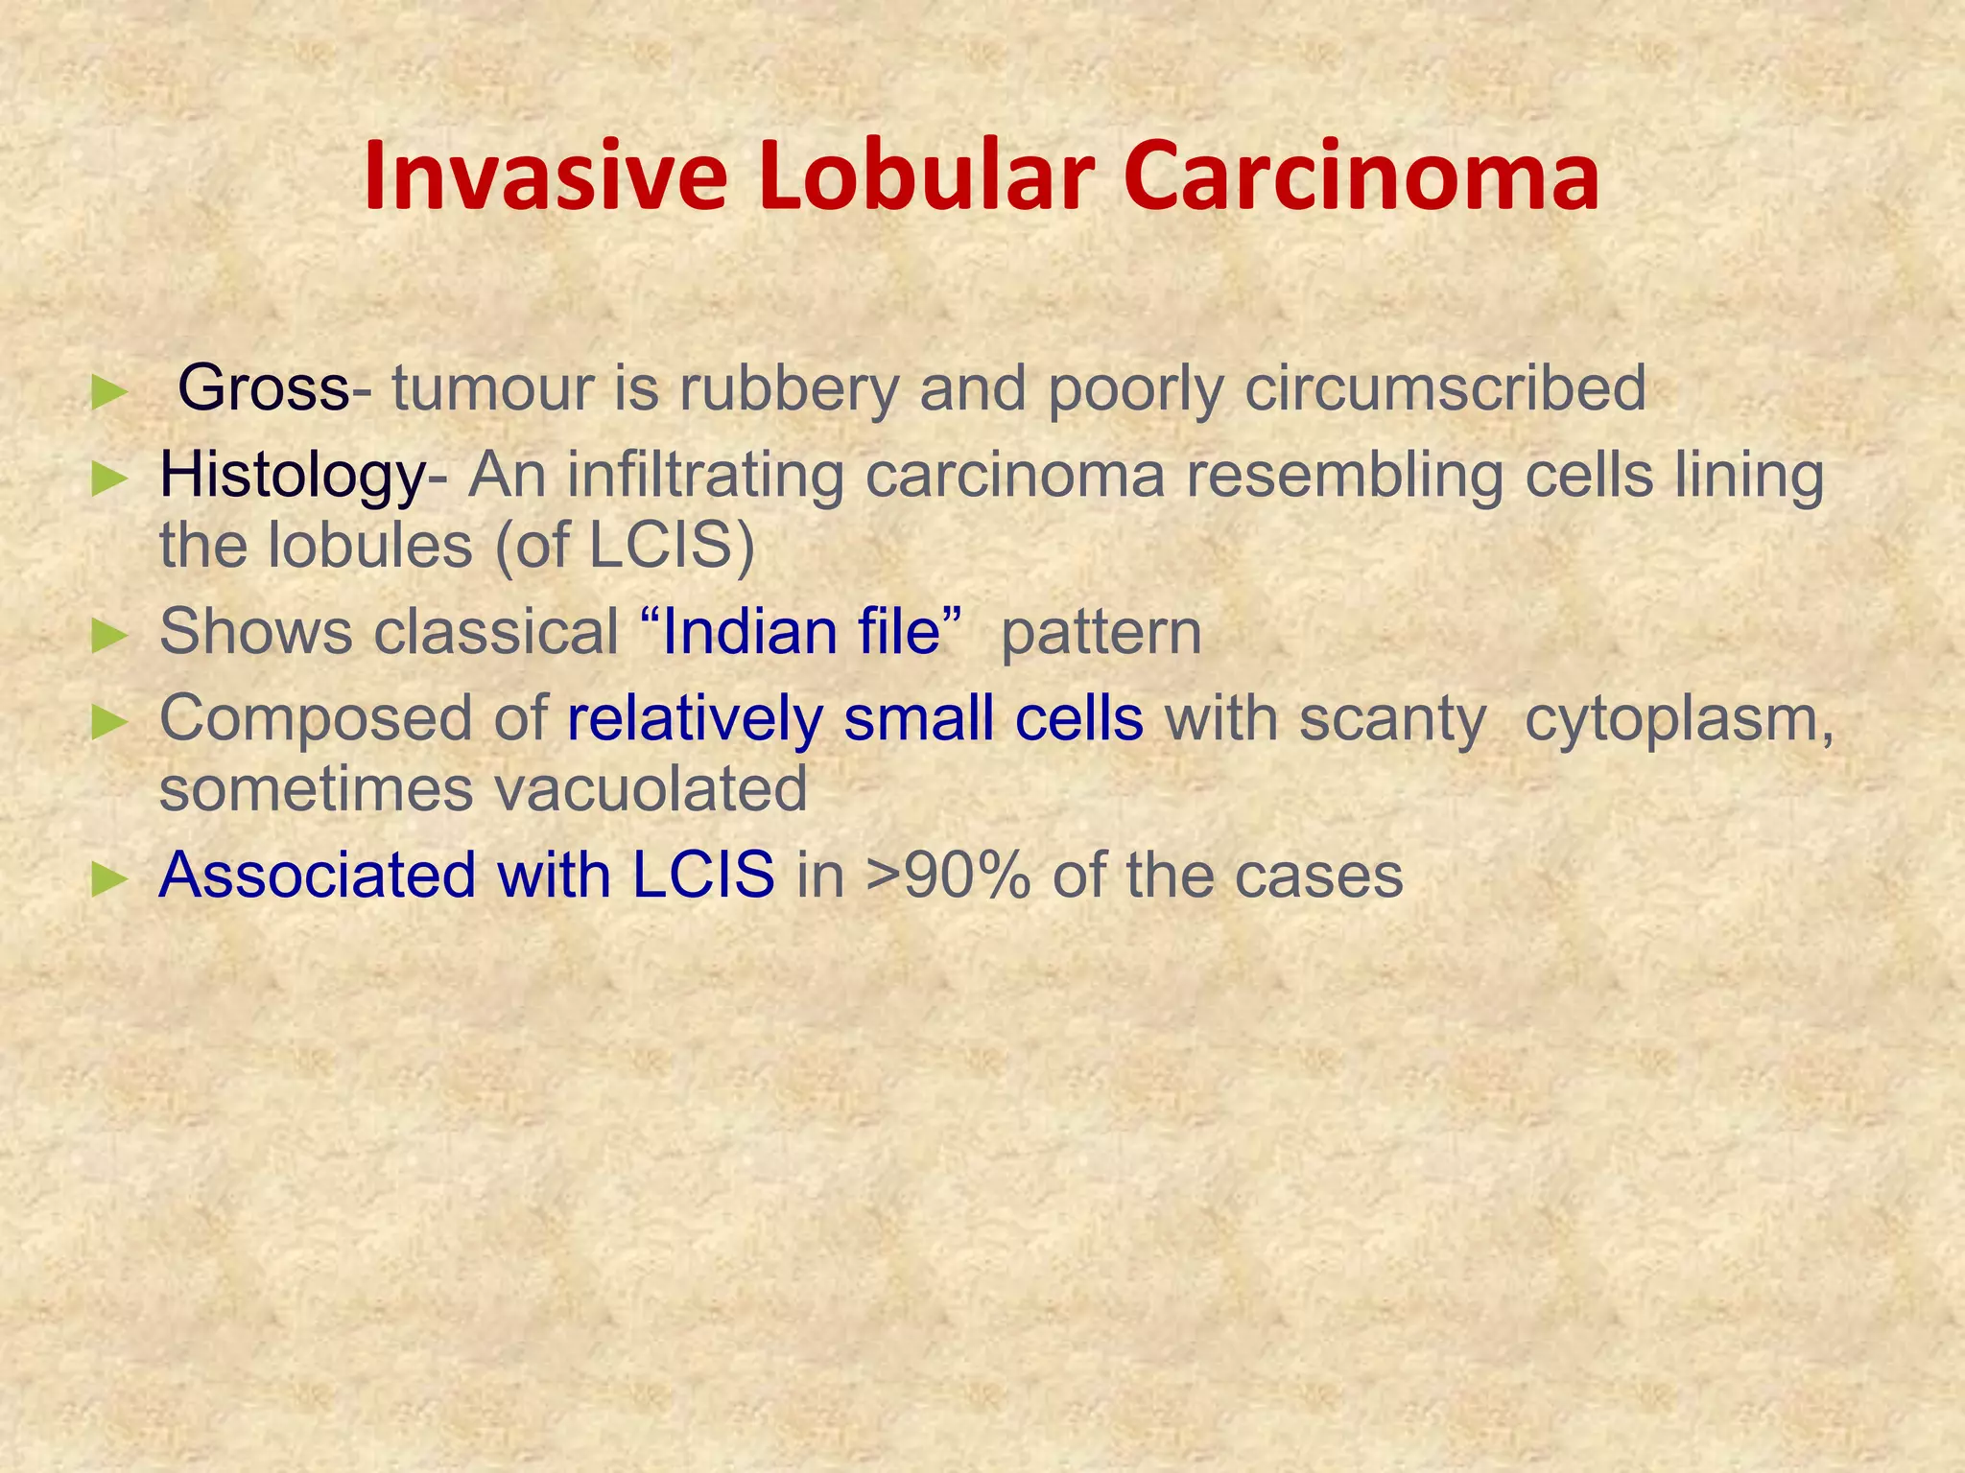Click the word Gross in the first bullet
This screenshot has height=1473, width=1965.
(264, 388)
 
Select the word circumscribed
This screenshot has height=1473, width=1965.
(1444, 388)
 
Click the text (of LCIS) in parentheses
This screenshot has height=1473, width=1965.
(625, 546)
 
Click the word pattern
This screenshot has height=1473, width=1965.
(1101, 632)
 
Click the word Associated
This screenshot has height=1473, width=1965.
(316, 876)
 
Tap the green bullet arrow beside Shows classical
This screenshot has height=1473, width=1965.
(108, 635)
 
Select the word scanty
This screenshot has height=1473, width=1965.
(1392, 718)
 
